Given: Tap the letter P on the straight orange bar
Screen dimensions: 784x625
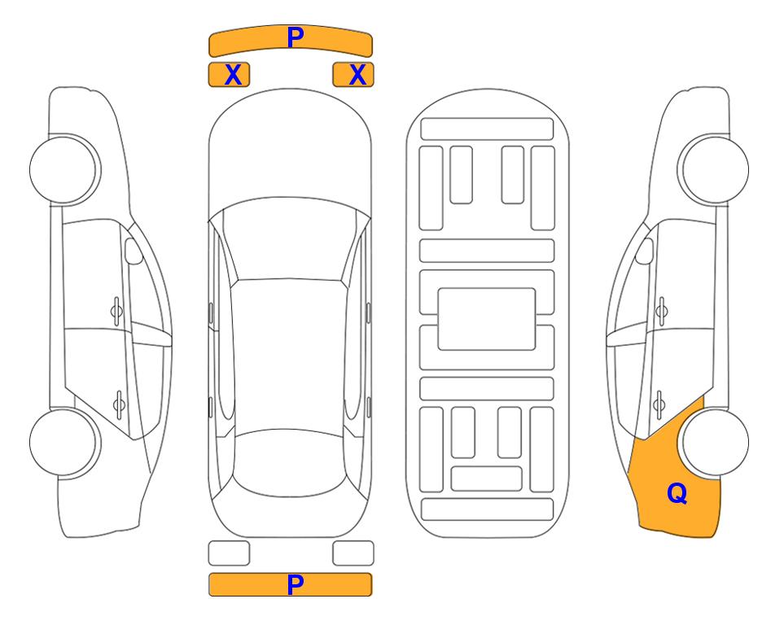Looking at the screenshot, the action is click(296, 584).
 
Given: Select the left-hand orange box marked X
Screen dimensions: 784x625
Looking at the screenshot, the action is click(229, 75).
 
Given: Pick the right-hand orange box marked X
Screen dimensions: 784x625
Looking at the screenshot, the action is click(353, 75).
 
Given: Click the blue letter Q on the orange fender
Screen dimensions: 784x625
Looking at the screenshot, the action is click(677, 493).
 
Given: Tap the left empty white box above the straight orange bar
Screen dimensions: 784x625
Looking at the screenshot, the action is click(229, 553).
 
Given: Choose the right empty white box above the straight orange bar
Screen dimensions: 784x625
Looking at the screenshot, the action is click(353, 553).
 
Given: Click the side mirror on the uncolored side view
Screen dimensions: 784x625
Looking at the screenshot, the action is click(133, 251).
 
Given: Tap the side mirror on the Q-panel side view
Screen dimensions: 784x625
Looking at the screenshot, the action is click(645, 251).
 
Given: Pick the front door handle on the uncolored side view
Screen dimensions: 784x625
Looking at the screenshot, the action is click(116, 312).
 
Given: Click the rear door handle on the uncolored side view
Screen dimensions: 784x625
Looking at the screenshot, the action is click(119, 404).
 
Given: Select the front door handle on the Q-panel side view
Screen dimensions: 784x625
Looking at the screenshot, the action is click(662, 312).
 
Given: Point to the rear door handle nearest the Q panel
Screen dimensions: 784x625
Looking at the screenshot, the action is click(659, 404).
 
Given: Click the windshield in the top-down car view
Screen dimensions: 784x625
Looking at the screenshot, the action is click(290, 243).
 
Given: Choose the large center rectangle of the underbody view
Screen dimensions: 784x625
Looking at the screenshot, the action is click(487, 319).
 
